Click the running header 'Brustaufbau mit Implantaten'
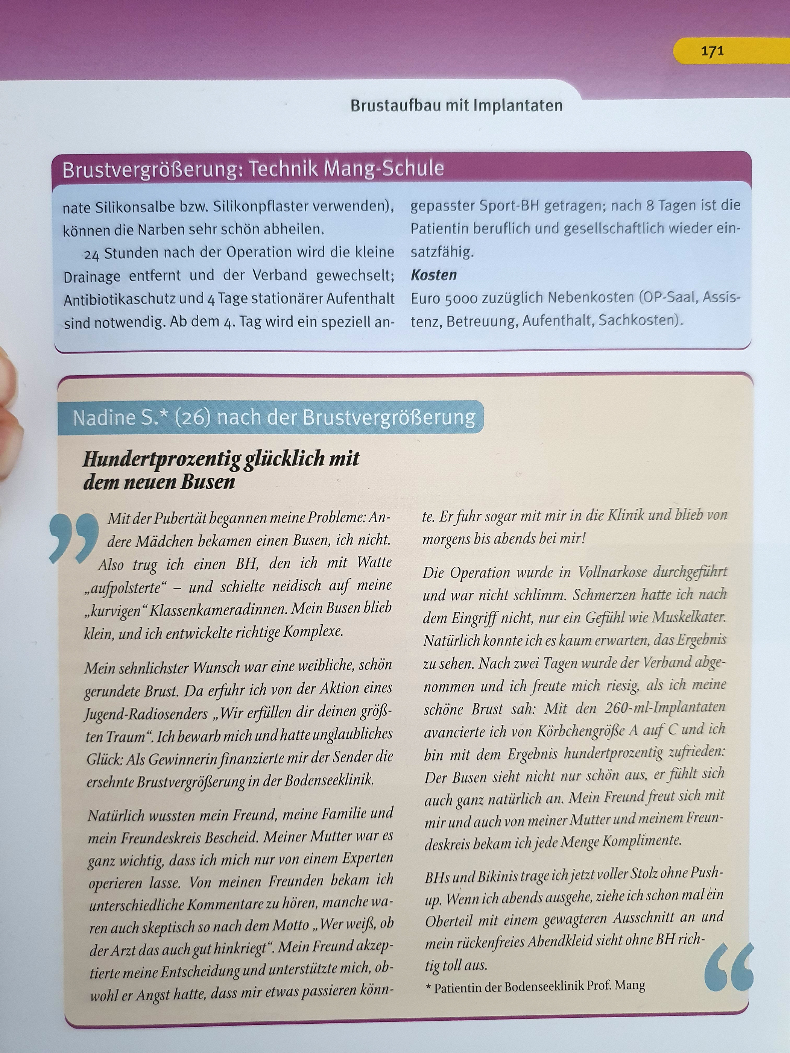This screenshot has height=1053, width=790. [x=456, y=105]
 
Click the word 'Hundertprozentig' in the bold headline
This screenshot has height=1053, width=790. [x=162, y=459]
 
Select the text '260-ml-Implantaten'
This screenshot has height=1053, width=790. [x=665, y=708]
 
